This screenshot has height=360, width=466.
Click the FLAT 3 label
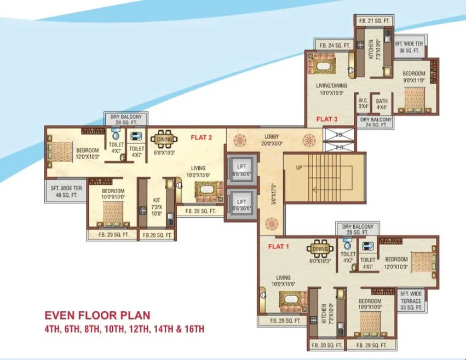pyautogui.click(x=327, y=119)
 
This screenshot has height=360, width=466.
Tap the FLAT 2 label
pyautogui.click(x=201, y=138)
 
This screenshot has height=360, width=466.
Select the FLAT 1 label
pyautogui.click(x=278, y=246)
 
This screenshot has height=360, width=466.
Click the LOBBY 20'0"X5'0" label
pyautogui.click(x=272, y=140)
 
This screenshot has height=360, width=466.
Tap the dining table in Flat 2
pyautogui.click(x=164, y=140)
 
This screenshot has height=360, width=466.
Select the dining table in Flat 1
pyautogui.click(x=320, y=249)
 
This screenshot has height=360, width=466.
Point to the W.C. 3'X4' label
pyautogui.click(x=363, y=103)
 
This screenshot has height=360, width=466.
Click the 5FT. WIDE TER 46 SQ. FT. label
pyautogui.click(x=64, y=191)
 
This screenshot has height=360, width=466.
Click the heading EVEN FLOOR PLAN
pyautogui.click(x=97, y=316)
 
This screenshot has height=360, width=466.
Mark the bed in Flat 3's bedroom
pyautogui.click(x=413, y=98)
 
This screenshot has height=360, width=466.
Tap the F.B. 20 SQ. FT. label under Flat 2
pyautogui.click(x=157, y=235)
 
